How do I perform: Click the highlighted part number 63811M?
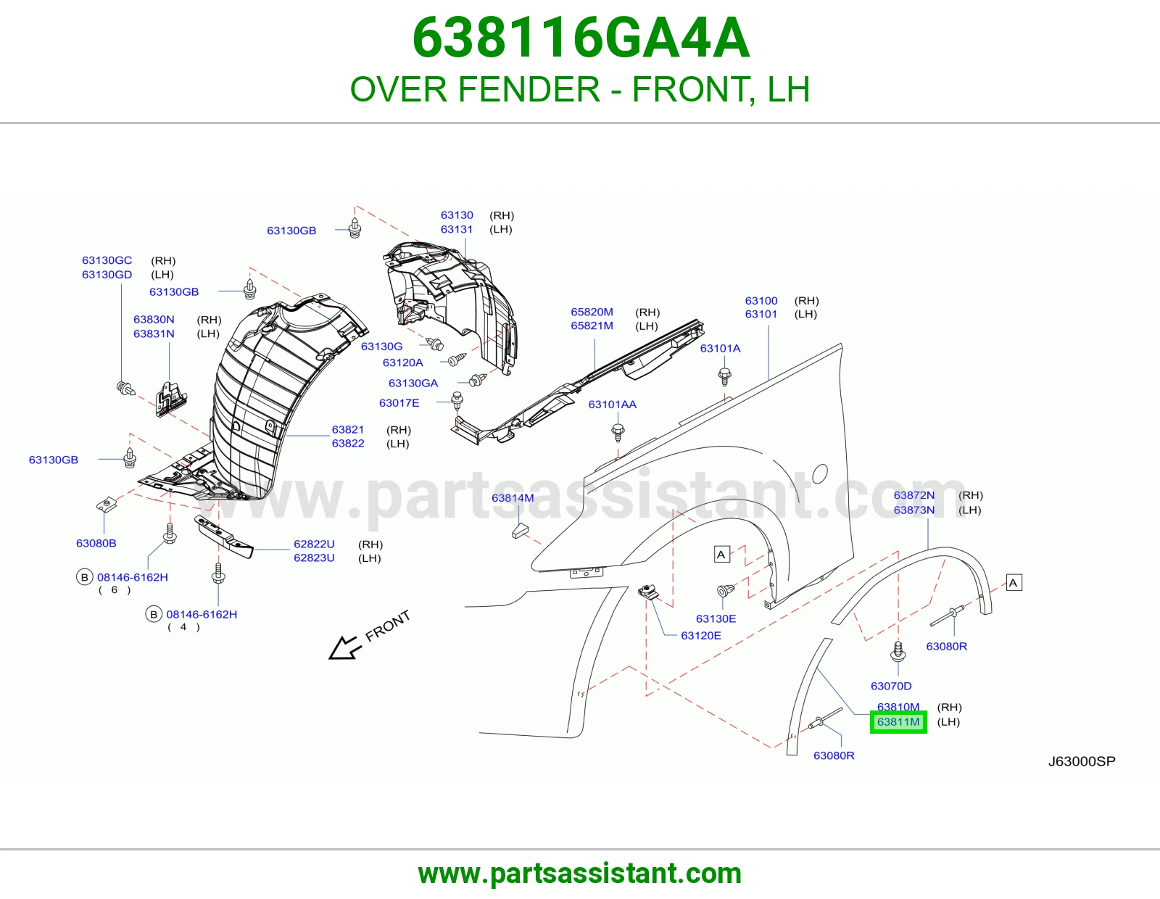click(898, 722)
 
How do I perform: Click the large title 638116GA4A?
click(581, 38)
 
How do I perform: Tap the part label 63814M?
click(513, 497)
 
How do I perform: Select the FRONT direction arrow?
click(345, 647)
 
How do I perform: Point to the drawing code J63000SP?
click(1082, 761)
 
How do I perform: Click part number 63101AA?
click(613, 404)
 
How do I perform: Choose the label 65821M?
click(592, 326)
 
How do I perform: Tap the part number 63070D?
click(891, 686)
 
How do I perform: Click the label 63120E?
click(701, 635)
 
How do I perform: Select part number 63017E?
click(399, 403)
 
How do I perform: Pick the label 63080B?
click(96, 543)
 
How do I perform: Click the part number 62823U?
click(314, 558)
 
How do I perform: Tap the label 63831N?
click(154, 333)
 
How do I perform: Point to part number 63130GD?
click(107, 274)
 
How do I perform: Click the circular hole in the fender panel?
click(819, 473)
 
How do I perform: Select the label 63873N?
click(914, 510)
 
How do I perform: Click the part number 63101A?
click(720, 348)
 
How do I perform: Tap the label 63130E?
click(716, 618)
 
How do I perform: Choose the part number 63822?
click(348, 443)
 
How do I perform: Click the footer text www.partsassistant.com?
click(580, 874)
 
